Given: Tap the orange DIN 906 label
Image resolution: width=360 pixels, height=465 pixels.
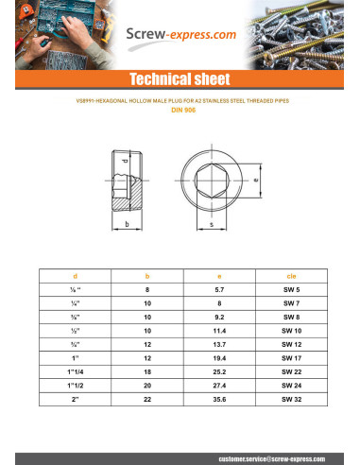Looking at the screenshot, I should click(x=180, y=110).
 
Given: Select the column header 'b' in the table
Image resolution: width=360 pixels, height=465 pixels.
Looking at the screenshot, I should click(x=147, y=275).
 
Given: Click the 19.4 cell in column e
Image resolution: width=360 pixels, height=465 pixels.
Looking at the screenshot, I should click(x=218, y=358).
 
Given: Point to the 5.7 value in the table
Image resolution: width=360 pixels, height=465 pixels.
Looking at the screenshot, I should click(x=218, y=289).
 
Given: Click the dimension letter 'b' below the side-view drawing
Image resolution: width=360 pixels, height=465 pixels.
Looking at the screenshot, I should click(x=126, y=225).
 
